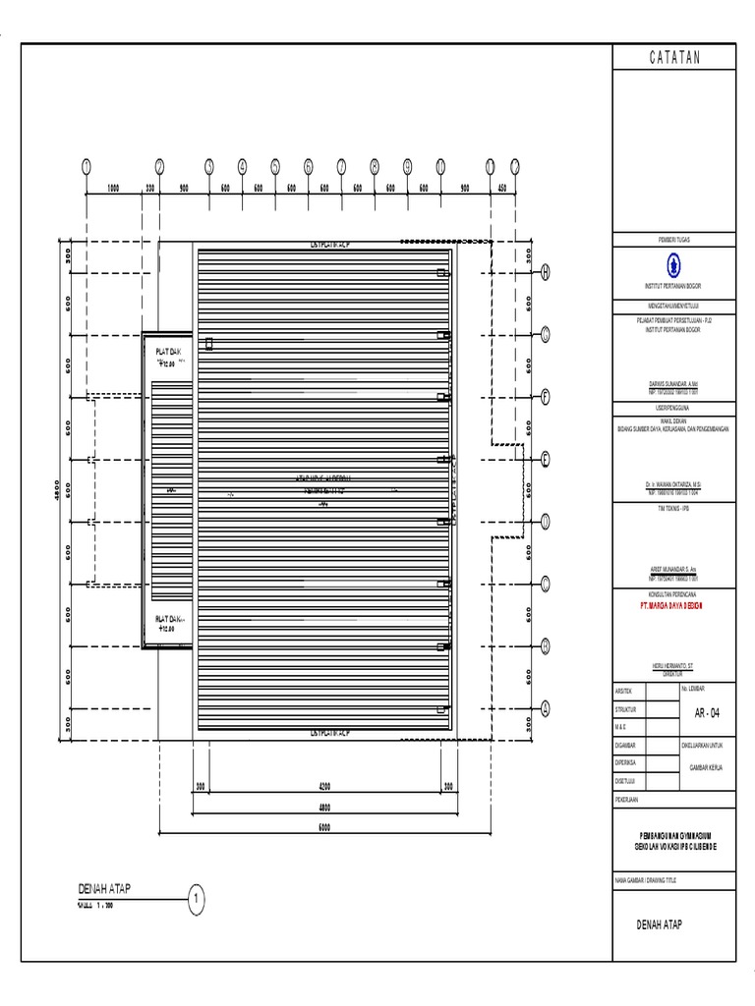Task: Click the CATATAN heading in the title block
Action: pos(674,58)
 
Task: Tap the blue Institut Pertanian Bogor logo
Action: pos(673,262)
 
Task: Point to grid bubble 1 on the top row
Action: pos(87,167)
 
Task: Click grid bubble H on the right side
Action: pos(545,273)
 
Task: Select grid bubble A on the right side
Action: pos(545,707)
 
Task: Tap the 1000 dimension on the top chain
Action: pos(113,188)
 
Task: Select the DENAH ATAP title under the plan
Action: pos(104,888)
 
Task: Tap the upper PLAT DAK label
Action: pos(169,352)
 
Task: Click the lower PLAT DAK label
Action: pos(169,618)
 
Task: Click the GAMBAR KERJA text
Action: pos(705,767)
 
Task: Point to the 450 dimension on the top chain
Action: pos(501,188)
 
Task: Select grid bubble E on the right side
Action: pos(545,459)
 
